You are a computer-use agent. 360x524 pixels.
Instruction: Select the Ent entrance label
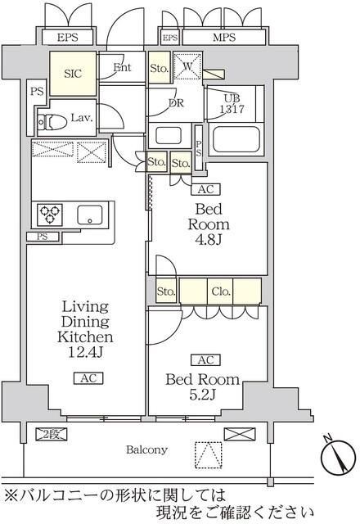124,68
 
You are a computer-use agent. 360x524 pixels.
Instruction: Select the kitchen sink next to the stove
89,215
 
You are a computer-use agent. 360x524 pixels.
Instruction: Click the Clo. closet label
219,291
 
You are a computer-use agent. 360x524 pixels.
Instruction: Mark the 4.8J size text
209,242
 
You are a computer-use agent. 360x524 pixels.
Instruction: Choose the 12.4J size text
84,353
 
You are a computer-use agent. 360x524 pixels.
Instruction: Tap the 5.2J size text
203,395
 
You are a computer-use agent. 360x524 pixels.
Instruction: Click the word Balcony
146,449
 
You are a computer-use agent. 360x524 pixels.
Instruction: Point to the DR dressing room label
174,103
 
